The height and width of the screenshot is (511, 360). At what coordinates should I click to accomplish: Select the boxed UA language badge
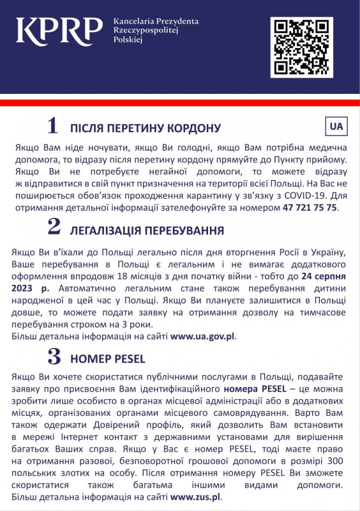point(336,126)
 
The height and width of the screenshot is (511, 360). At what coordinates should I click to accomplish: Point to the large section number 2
point(54,226)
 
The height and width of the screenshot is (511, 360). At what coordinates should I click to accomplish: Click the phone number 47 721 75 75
point(310,208)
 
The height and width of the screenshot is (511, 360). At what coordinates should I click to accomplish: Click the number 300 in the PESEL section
point(338,459)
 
